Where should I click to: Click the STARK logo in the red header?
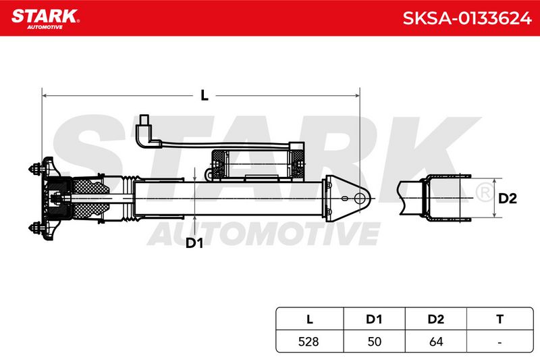coord(45,19)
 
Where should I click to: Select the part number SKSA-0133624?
coord(467,18)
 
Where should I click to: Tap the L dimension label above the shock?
coord(205,95)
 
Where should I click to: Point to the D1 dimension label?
coord(194,243)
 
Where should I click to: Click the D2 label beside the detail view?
coord(508,199)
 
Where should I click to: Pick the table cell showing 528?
coord(308,341)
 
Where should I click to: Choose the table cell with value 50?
coord(375,341)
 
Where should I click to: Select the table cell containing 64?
coord(436,341)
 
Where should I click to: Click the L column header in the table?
coord(310,319)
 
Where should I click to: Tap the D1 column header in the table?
coord(374,319)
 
